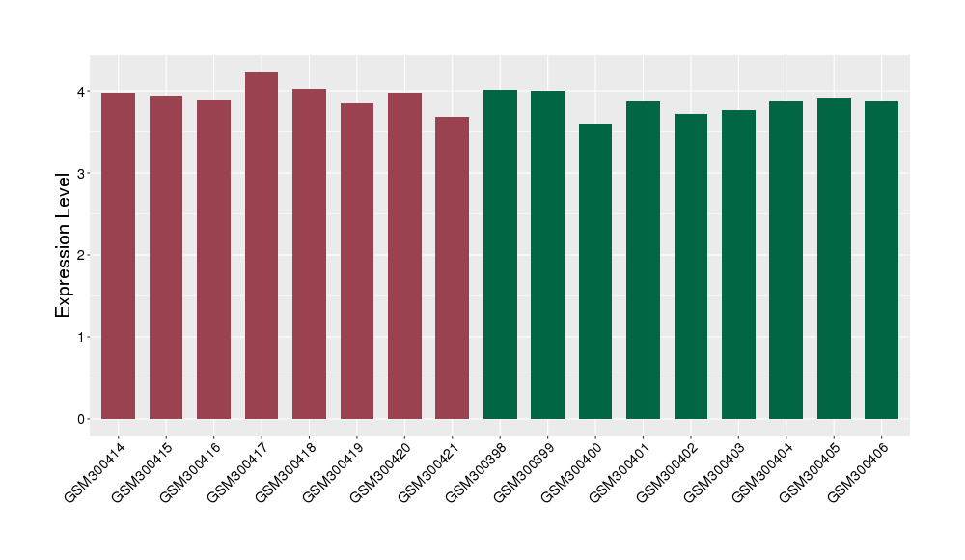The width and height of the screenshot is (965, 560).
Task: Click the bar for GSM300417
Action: (262, 246)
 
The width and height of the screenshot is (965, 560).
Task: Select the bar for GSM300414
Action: (118, 256)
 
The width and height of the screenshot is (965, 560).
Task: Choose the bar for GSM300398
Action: (500, 255)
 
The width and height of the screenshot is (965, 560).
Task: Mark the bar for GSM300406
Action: (881, 261)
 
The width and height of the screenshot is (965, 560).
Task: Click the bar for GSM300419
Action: (357, 262)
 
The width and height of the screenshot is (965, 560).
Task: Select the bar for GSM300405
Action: (834, 259)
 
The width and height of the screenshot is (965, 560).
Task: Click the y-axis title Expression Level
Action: (64, 244)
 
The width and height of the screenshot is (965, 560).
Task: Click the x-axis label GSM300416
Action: (188, 469)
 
